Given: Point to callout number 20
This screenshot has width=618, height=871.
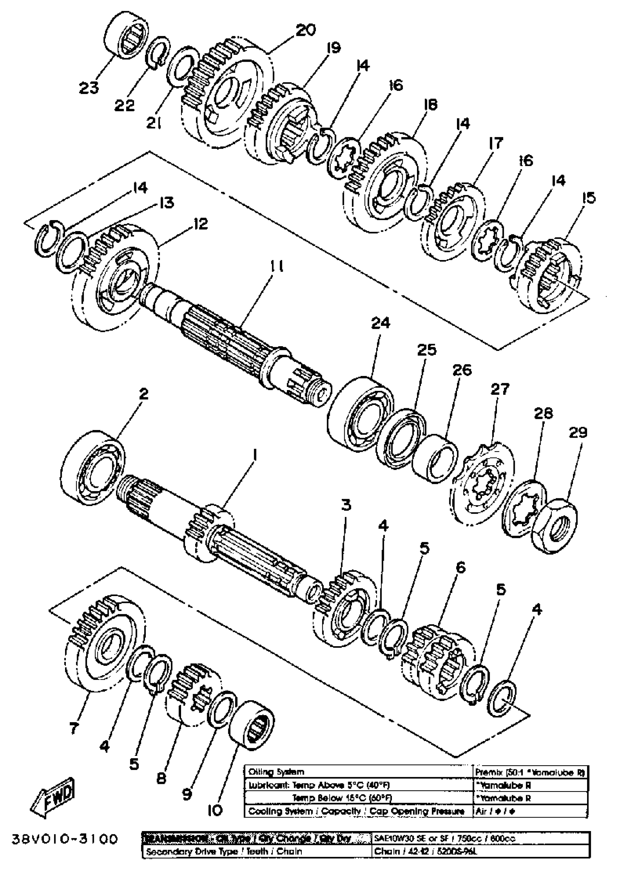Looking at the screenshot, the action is coord(305,30).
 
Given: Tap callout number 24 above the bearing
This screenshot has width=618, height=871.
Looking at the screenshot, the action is coord(381,323).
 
